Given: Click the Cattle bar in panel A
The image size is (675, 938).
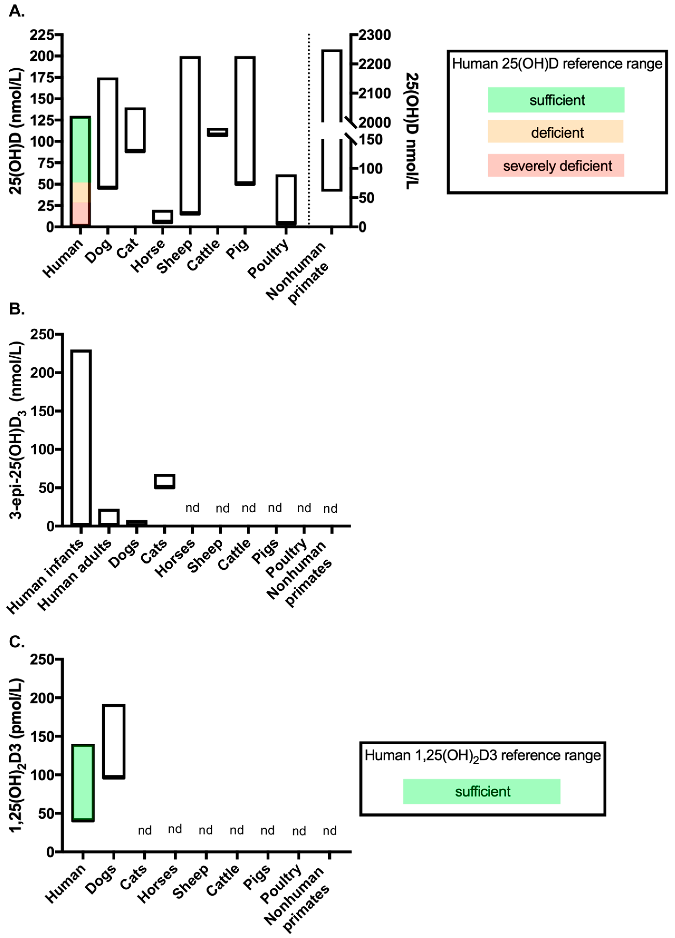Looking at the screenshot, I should (x=217, y=132).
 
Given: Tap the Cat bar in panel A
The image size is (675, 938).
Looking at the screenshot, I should (x=135, y=130).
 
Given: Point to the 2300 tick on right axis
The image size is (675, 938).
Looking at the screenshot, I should (x=374, y=35).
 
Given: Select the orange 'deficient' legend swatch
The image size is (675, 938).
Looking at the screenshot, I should (x=555, y=132).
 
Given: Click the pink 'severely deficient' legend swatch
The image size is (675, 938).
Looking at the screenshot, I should (x=555, y=165).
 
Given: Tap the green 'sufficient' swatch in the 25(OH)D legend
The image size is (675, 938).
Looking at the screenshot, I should (x=555, y=100).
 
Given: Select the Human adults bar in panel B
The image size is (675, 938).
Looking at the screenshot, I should (x=109, y=517).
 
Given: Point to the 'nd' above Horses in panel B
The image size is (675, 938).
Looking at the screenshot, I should (x=192, y=507).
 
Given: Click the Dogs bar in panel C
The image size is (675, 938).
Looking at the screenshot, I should (x=114, y=741).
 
